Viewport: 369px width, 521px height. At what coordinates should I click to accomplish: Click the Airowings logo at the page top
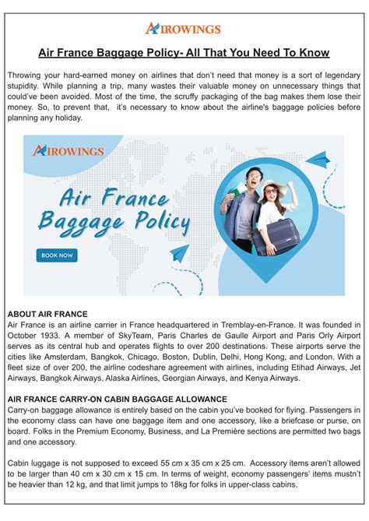click(184, 28)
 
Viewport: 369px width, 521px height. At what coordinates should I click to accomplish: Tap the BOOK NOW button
click(56, 255)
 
